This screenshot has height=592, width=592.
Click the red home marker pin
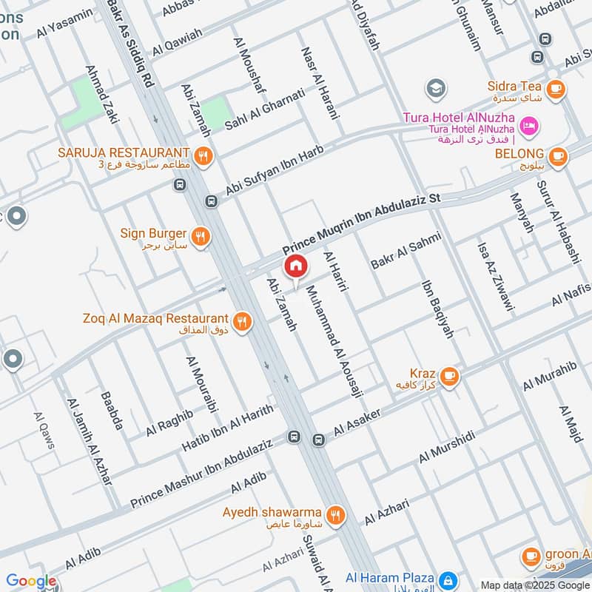click(295, 266)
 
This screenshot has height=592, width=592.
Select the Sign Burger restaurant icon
click(200, 237)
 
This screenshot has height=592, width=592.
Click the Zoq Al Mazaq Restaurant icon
click(241, 322)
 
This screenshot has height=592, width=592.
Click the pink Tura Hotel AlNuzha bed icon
click(529, 126)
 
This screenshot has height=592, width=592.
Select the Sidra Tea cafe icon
click(556, 90)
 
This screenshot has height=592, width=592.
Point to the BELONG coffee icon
click(558, 157)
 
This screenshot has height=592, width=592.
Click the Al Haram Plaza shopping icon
click(447, 579)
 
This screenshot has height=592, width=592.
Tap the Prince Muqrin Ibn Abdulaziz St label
click(361, 225)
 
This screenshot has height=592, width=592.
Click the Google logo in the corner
click(30, 581)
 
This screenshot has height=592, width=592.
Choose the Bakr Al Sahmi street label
click(406, 249)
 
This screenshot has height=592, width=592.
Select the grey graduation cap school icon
click(436, 90)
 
